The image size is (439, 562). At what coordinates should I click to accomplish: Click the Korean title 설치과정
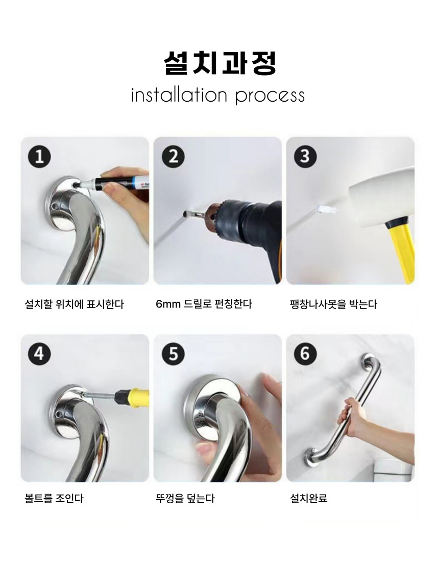click(x=219, y=63)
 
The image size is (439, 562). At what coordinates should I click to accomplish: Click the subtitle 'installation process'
click(x=217, y=96)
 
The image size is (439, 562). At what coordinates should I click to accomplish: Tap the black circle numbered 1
click(x=39, y=157)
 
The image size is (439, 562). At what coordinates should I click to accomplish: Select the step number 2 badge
click(x=174, y=157)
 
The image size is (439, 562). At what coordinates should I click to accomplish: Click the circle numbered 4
click(x=39, y=354)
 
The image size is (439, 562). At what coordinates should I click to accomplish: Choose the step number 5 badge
click(x=174, y=354)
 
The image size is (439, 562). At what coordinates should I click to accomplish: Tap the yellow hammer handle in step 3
click(x=401, y=251)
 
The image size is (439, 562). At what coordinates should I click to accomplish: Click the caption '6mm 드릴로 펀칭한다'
click(x=204, y=304)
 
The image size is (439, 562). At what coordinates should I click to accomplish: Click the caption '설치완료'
click(x=309, y=498)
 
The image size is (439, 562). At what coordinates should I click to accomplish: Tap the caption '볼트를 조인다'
click(x=54, y=498)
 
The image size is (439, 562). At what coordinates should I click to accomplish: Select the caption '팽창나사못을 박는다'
click(x=333, y=305)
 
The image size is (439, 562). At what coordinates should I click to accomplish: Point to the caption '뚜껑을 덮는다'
click(x=185, y=498)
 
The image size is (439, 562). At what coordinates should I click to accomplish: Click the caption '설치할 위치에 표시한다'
click(x=74, y=305)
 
